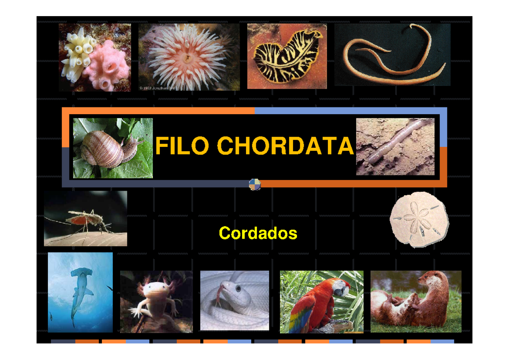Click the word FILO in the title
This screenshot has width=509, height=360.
pos(182,146)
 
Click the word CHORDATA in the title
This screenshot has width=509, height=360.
pos(285,146)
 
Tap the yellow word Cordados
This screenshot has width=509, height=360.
pos(258,233)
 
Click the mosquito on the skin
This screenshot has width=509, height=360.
pos(85,219)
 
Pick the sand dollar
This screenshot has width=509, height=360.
pos(418,219)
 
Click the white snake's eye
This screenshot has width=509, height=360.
pos(238,288)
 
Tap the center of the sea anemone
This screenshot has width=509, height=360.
pos(187,56)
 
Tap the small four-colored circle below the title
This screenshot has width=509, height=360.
pos(255,184)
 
